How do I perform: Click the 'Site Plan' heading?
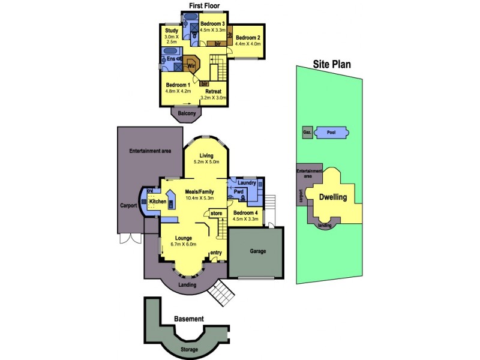pyautogui.click(x=332, y=64)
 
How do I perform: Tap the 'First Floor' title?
pyautogui.click(x=204, y=5)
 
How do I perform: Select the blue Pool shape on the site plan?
pyautogui.click(x=332, y=133)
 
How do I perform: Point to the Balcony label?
pyautogui.click(x=187, y=113)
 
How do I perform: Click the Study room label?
pyautogui.click(x=172, y=31)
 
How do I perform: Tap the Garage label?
pyautogui.click(x=258, y=251)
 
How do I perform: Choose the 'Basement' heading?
pyautogui.click(x=189, y=319)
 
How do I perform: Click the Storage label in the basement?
pyautogui.click(x=189, y=350)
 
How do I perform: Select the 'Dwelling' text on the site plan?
pyautogui.click(x=333, y=197)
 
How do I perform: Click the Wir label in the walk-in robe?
pyautogui.click(x=191, y=66)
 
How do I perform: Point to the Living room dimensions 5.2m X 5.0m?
pyautogui.click(x=206, y=162)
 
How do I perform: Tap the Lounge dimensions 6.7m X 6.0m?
pyautogui.click(x=184, y=244)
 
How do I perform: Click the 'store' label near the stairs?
pyautogui.click(x=216, y=214)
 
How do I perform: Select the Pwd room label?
pyautogui.click(x=238, y=192)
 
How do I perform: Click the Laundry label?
pyautogui.click(x=247, y=183)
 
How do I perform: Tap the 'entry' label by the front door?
pyautogui.click(x=216, y=253)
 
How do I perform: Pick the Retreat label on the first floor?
pyautogui.click(x=214, y=92)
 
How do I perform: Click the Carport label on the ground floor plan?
pyautogui.click(x=128, y=205)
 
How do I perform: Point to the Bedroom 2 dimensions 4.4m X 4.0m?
pyautogui.click(x=248, y=44)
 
